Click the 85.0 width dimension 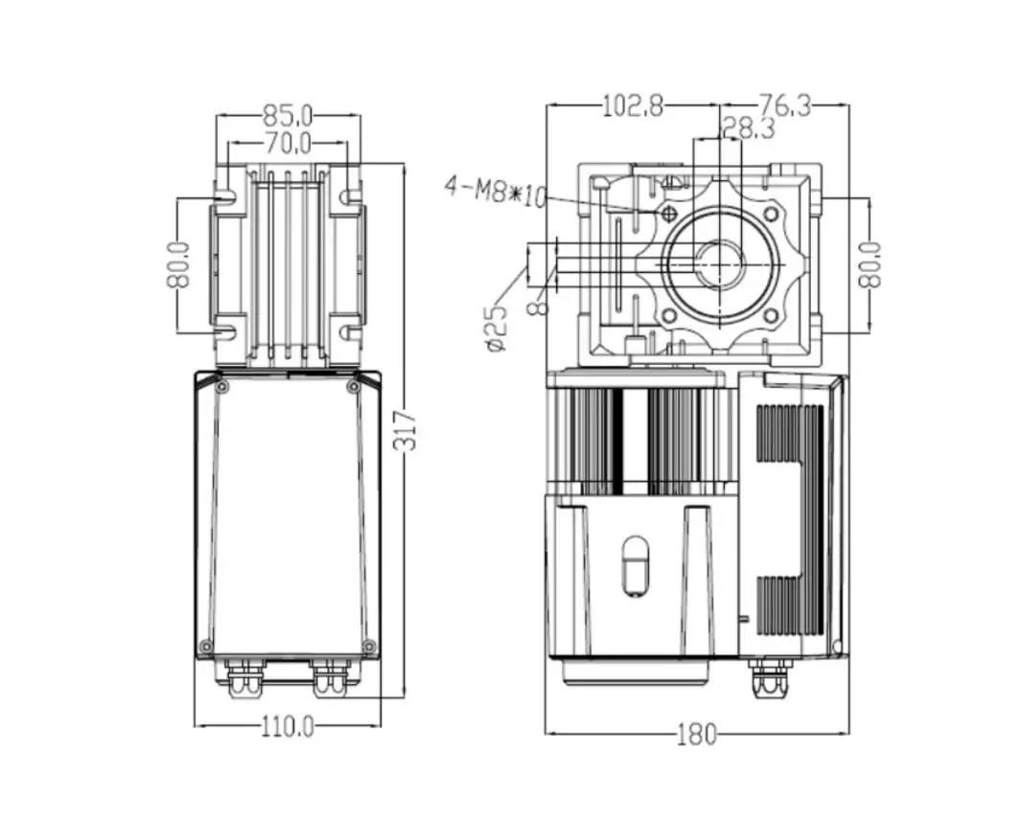tap(288, 116)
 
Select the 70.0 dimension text tap(288, 145)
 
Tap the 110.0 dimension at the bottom tap(288, 727)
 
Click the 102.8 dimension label tap(632, 105)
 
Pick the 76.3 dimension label tap(784, 105)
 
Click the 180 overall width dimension tap(696, 735)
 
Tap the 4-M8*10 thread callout tap(495, 191)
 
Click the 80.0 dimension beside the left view tap(177, 265)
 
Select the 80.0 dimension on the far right tap(870, 265)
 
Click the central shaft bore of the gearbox tap(719, 264)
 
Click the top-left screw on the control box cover tap(222, 388)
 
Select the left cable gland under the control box tap(244, 676)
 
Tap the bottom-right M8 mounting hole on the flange tap(769, 315)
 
